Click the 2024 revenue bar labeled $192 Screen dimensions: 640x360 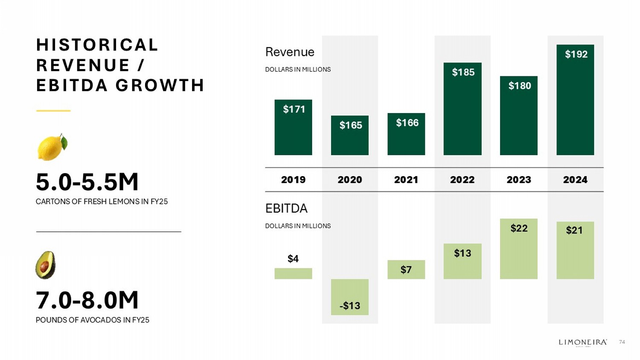tap(575, 100)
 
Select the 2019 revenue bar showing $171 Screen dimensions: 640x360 tap(293, 128)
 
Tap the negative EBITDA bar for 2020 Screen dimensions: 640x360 tap(350, 297)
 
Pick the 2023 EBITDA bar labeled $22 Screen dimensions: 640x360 tap(518, 249)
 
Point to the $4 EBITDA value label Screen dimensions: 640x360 tap(293, 258)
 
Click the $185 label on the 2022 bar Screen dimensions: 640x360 tap(463, 72)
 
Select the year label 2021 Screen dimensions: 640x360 tap(406, 180)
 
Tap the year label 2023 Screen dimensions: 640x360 tap(518, 180)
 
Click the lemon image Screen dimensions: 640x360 tap(52, 147)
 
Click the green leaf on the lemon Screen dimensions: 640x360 tap(64, 142)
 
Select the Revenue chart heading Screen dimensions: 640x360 tap(290, 52)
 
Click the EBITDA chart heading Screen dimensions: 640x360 tap(286, 209)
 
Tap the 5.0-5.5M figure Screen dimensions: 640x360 tap(87, 182)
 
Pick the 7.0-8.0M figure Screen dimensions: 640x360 tap(87, 300)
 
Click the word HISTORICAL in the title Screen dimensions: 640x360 tap(97, 45)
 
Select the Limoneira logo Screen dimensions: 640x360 tap(583, 342)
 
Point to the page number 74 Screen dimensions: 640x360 tap(622, 342)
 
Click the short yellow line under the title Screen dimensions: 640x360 tap(53, 110)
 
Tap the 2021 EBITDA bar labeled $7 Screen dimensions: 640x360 tap(406, 270)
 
